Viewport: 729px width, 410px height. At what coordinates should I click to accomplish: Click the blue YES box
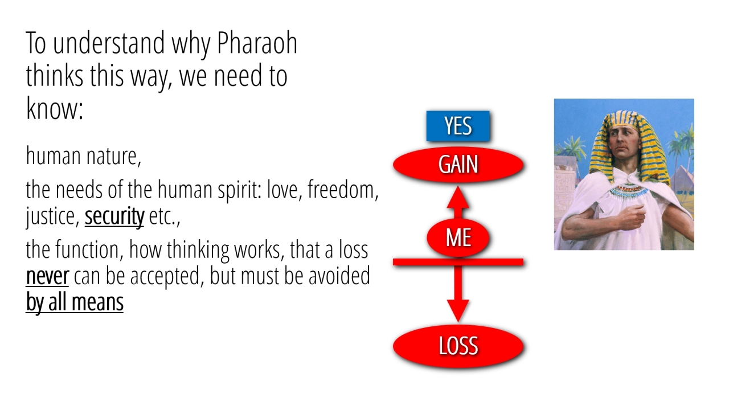click(458, 126)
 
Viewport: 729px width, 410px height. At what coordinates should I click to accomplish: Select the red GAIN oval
click(458, 165)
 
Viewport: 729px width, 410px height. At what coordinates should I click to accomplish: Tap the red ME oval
click(458, 238)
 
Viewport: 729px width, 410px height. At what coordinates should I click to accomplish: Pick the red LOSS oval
click(458, 346)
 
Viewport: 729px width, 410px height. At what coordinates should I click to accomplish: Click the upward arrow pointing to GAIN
click(458, 202)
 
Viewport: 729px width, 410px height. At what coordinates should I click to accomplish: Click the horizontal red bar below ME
click(458, 262)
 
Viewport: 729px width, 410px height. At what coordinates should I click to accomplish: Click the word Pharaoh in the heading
click(257, 43)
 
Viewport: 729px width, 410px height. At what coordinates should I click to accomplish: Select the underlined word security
click(114, 216)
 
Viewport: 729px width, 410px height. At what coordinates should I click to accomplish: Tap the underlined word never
click(47, 276)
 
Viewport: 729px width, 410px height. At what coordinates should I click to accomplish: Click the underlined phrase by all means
click(75, 302)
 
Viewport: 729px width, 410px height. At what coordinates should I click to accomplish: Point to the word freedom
click(343, 190)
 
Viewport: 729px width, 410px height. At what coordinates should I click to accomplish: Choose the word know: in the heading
click(54, 108)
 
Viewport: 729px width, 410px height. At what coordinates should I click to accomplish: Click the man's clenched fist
click(632, 216)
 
